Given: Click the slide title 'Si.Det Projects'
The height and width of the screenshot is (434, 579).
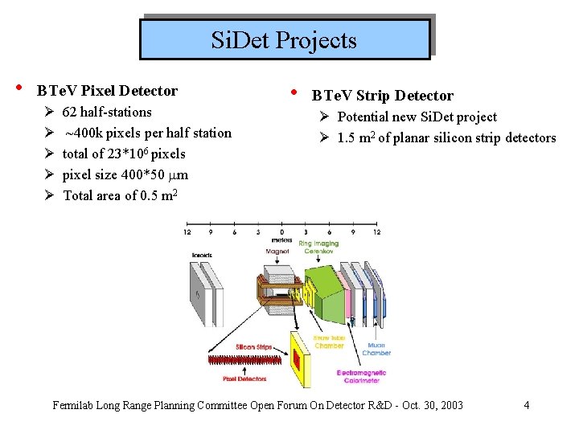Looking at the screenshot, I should (284, 39).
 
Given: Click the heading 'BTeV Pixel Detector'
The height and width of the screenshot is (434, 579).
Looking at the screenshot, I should (108, 91).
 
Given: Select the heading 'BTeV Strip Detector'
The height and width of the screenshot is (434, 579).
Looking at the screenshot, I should (382, 96).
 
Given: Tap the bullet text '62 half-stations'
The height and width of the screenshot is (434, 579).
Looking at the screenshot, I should (107, 112).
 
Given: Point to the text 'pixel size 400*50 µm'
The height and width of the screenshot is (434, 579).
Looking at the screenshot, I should (125, 174).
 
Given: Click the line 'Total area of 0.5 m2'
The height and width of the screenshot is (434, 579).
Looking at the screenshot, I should (121, 195).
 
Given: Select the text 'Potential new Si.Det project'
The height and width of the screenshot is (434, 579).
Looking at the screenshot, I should (417, 117).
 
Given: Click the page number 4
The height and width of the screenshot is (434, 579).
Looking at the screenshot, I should (526, 404).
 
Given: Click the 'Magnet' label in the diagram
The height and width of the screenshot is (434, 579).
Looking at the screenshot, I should (277, 252).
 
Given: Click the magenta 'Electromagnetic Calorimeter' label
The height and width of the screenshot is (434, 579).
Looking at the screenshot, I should (362, 376).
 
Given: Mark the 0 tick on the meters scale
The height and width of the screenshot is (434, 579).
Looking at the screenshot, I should (281, 231).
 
